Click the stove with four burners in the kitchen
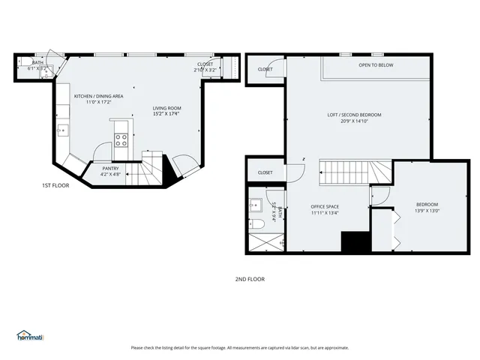pyautogui.click(x=121, y=139)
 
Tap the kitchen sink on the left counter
pyautogui.click(x=63, y=130)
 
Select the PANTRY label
pyautogui.click(x=110, y=169)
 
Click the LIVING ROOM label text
pyautogui.click(x=166, y=108)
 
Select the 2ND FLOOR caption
pyautogui.click(x=250, y=279)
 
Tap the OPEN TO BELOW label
pyautogui.click(x=375, y=65)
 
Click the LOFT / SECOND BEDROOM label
pyautogui.click(x=354, y=115)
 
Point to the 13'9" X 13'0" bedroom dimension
pyautogui.click(x=427, y=211)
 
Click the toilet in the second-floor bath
pyautogui.click(x=255, y=224)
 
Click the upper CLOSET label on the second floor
pyautogui.click(x=265, y=69)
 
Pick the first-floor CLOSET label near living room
pyautogui.click(x=205, y=64)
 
